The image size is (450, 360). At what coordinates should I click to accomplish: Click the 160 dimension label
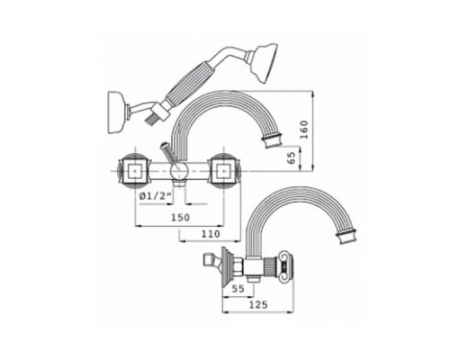click(304, 130)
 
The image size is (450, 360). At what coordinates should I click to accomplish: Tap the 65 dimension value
click(292, 157)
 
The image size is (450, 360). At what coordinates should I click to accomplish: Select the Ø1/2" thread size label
click(156, 196)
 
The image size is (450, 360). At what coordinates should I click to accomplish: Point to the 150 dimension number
click(180, 217)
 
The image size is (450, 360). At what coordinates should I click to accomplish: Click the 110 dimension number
click(211, 234)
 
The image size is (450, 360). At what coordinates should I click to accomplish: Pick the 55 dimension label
click(238, 289)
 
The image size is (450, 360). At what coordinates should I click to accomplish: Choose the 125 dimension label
click(258, 305)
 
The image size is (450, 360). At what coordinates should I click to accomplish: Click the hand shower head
click(262, 63)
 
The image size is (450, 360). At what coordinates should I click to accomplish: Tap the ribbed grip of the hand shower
click(186, 83)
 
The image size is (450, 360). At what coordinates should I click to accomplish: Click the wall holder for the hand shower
click(116, 112)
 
